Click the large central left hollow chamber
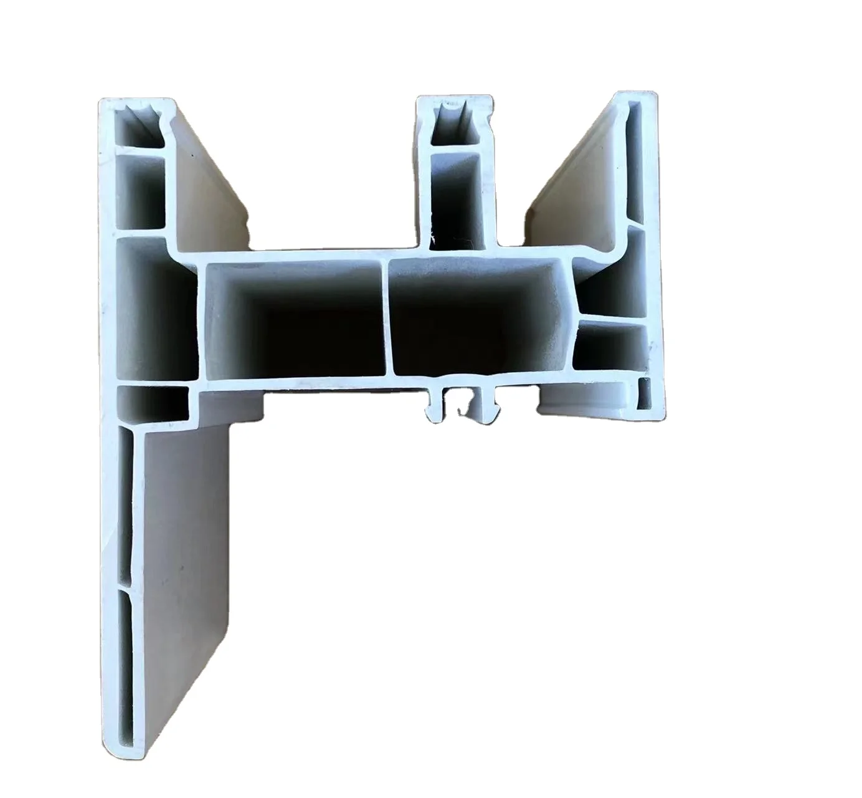point(293,318)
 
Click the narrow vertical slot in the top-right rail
point(633,165)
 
